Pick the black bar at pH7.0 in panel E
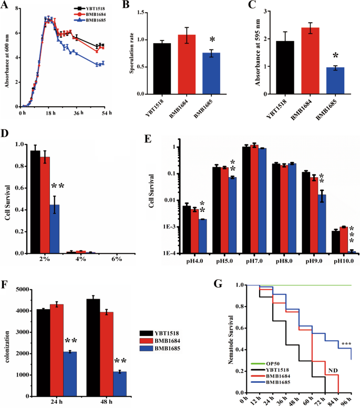[x=245, y=200]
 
